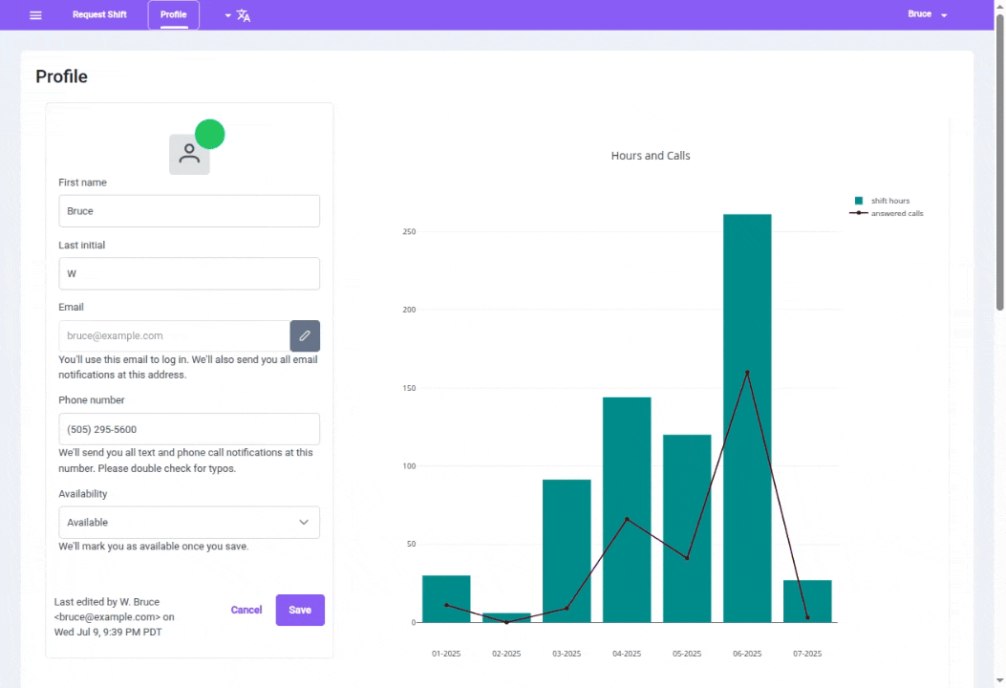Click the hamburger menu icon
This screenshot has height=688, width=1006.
click(x=35, y=15)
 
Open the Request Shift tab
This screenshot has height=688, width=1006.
click(x=99, y=15)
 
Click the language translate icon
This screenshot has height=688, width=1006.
click(x=243, y=15)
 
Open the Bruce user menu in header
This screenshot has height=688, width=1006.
click(x=927, y=15)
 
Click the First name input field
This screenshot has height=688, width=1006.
click(x=189, y=211)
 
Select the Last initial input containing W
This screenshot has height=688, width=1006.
click(x=189, y=273)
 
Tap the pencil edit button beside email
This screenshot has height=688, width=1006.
click(x=305, y=336)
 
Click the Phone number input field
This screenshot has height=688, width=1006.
click(x=189, y=429)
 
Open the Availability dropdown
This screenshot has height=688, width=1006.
click(x=189, y=523)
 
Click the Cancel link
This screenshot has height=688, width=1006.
click(x=246, y=610)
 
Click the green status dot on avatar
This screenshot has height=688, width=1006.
click(x=209, y=135)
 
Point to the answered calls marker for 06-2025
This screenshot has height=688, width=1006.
click(x=747, y=373)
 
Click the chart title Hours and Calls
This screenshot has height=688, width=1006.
click(x=651, y=156)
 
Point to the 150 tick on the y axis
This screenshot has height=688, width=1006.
click(x=409, y=389)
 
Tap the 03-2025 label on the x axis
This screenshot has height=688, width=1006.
click(x=567, y=654)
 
